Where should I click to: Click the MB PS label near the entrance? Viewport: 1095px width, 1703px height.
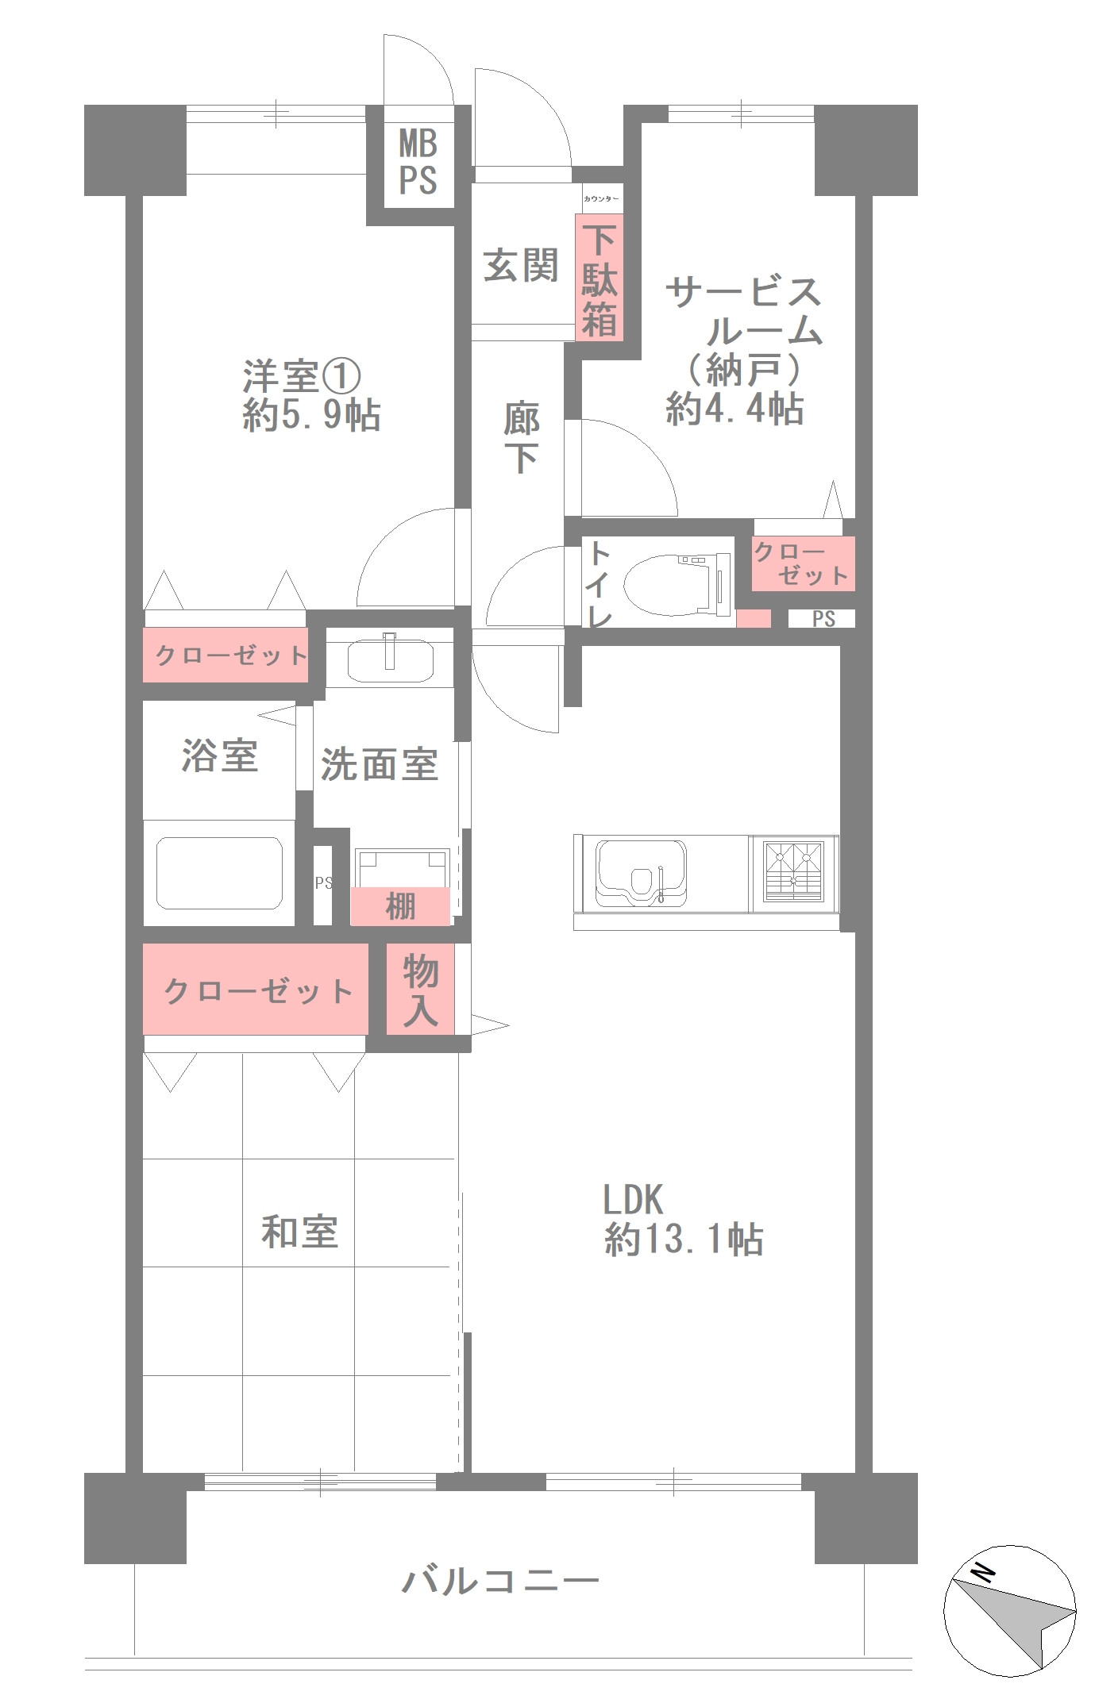418,162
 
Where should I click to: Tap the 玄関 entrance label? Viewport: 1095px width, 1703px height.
521,266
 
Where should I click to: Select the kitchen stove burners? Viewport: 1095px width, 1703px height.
793,871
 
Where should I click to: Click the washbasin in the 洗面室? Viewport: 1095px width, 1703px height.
390,659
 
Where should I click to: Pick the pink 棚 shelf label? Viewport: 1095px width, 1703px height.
400,906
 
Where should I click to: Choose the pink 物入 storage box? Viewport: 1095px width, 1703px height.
420,990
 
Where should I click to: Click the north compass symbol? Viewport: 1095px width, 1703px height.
1009,1610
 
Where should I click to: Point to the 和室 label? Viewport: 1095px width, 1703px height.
299,1232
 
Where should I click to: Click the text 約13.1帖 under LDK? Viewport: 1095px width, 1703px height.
684,1239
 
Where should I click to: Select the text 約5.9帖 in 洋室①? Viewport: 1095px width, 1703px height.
311,415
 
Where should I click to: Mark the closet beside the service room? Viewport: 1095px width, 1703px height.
803,563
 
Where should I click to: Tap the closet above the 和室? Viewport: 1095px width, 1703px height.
256,990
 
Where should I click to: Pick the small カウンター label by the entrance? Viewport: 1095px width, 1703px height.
600,198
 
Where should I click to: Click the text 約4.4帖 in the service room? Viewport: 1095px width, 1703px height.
734,409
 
